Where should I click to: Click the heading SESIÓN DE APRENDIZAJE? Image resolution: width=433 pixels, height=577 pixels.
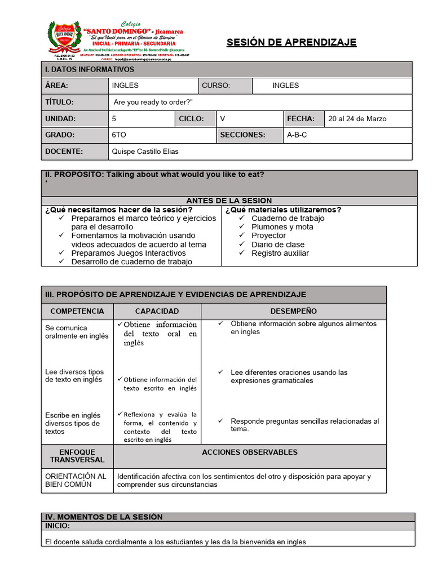291,43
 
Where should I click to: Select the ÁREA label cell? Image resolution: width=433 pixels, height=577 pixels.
56,86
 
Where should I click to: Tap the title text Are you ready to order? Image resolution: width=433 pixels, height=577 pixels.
153,102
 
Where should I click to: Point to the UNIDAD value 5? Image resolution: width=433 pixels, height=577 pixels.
114,119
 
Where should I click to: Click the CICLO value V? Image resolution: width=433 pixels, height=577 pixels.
223,119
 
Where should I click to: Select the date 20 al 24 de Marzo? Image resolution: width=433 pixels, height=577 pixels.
357,119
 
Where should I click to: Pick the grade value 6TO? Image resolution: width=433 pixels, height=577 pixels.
119,135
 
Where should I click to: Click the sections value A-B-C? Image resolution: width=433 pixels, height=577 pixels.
297,135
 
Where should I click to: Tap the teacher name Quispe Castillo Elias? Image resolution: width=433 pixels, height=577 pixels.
145,152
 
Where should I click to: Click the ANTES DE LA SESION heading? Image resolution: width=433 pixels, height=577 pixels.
229,201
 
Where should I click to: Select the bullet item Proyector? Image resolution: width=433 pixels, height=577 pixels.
268,236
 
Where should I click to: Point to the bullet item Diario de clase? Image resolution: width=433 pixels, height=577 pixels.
277,245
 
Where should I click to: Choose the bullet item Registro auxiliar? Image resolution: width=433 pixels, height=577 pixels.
280,253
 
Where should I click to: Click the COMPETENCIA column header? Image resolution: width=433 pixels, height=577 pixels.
77,311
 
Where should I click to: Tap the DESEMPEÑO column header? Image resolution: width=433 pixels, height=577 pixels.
293,311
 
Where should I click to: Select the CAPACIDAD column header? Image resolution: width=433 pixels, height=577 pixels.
157,311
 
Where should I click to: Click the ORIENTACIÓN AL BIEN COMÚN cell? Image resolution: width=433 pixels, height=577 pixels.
76,481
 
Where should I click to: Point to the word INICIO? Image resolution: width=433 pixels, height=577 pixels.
58,525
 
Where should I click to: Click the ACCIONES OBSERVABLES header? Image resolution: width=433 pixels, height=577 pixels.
249,452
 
